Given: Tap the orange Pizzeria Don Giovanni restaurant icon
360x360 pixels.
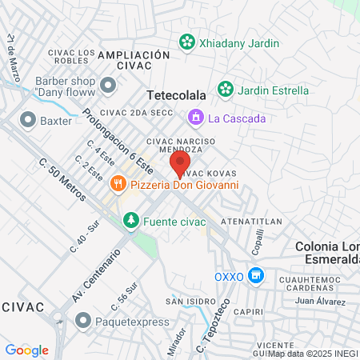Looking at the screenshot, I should pos(118,185).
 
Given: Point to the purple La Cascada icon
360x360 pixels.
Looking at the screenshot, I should pos(194,119).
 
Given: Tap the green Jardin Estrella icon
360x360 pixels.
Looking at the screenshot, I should pos(226,90).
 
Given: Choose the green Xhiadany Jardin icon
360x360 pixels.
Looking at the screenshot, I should pos(186,41).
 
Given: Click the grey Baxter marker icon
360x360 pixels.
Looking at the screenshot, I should pos(28,121).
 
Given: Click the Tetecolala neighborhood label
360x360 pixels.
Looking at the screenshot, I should pos(176,94).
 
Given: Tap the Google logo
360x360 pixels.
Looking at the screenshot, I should pos(27,350).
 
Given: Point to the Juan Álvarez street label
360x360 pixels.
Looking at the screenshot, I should pos(320,301).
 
